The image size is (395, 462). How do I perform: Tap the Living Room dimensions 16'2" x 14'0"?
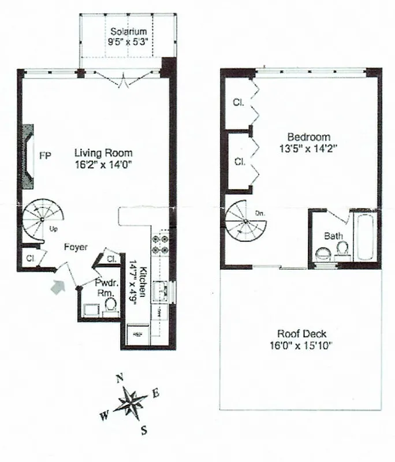tap(103, 164)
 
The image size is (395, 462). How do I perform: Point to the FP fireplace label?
tap(44, 155)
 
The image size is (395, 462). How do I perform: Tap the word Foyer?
tap(76, 247)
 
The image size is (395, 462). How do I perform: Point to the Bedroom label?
tap(309, 137)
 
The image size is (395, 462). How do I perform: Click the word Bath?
tap(333, 236)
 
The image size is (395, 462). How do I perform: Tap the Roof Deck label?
tap(301, 334)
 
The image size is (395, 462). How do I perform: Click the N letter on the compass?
tap(120, 378)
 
